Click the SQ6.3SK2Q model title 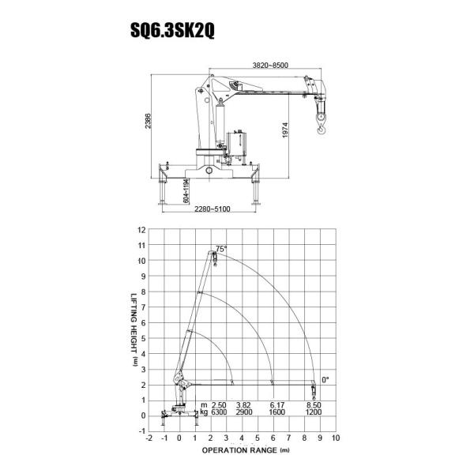point(172,30)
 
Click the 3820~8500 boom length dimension point(270,66)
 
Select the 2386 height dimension point(148,121)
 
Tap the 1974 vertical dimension point(285,130)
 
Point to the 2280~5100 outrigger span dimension point(213,209)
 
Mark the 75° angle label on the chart point(221,249)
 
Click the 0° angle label point(325,380)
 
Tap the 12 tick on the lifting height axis point(141,230)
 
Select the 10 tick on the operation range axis point(336,438)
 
